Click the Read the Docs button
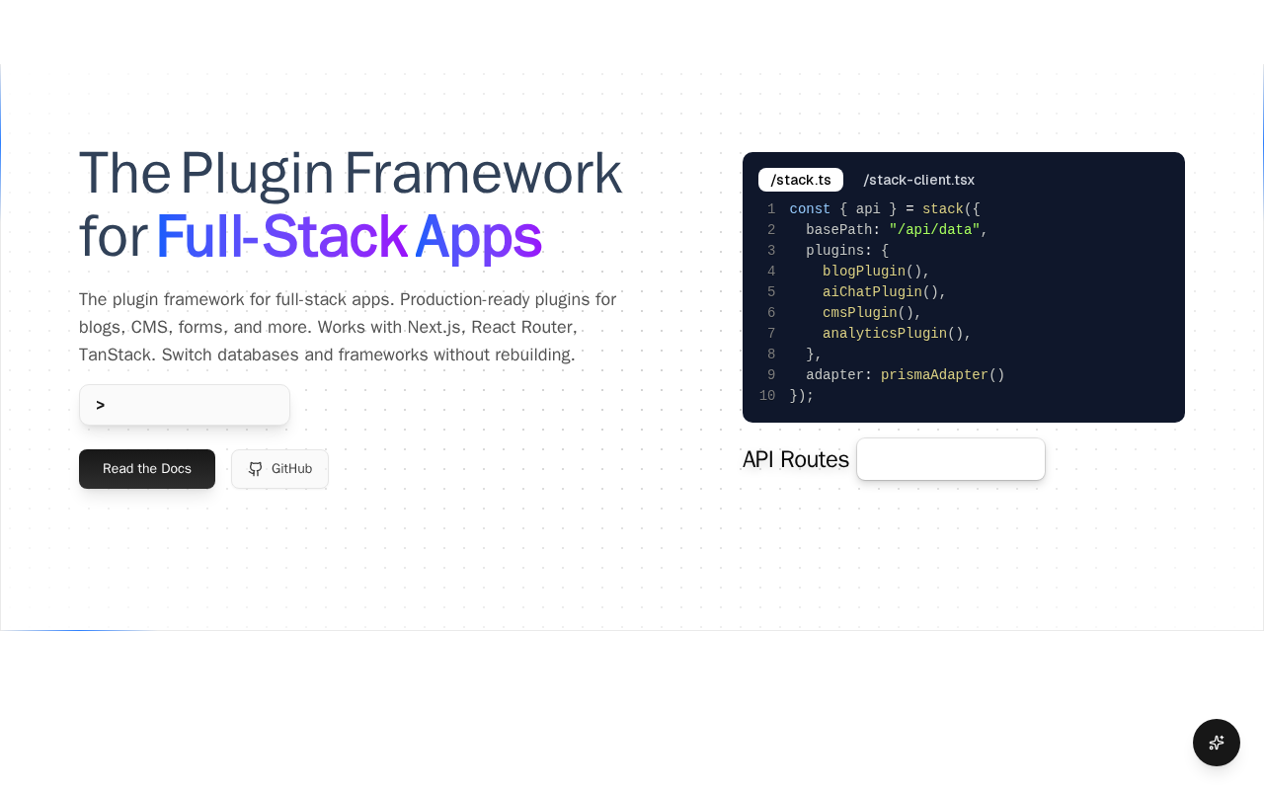pos(147,469)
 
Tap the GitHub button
pos(279,469)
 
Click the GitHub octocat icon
pos(255,469)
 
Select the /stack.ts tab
pos(801,180)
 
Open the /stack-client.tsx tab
pos(918,180)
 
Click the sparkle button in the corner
pos(1216,743)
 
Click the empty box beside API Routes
pos(951,459)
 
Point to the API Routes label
pos(796,459)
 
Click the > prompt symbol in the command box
pos(101,405)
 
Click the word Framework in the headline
pos(483,173)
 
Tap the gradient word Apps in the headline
pos(479,237)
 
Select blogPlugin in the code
pos(864,271)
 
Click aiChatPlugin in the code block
pos(872,291)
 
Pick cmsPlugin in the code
pos(860,313)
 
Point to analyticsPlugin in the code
pos(885,334)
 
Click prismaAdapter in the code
pos(934,374)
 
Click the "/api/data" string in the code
pos(934,230)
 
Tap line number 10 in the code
pos(767,396)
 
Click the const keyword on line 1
pos(810,208)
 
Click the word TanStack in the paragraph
pos(115,355)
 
